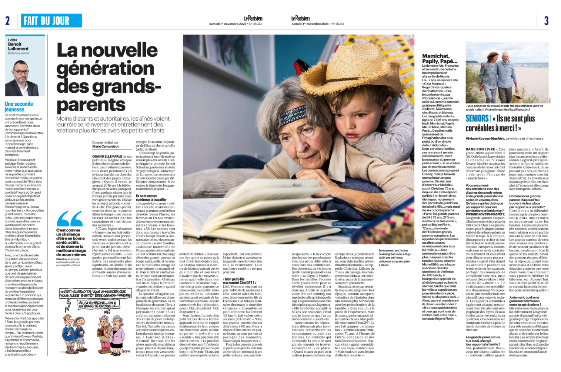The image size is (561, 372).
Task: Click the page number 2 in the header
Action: point(7,20)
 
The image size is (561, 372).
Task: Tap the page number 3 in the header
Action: point(546,20)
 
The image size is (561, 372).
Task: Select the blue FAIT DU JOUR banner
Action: point(51,20)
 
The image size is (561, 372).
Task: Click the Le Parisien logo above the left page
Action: point(253,18)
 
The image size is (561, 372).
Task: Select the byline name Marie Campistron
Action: point(106,147)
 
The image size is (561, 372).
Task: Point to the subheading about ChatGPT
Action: point(239,281)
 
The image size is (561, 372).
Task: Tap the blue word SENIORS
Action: point(477,119)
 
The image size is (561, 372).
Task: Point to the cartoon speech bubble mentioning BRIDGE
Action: point(97,304)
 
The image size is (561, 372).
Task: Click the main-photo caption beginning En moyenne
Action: point(395,257)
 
